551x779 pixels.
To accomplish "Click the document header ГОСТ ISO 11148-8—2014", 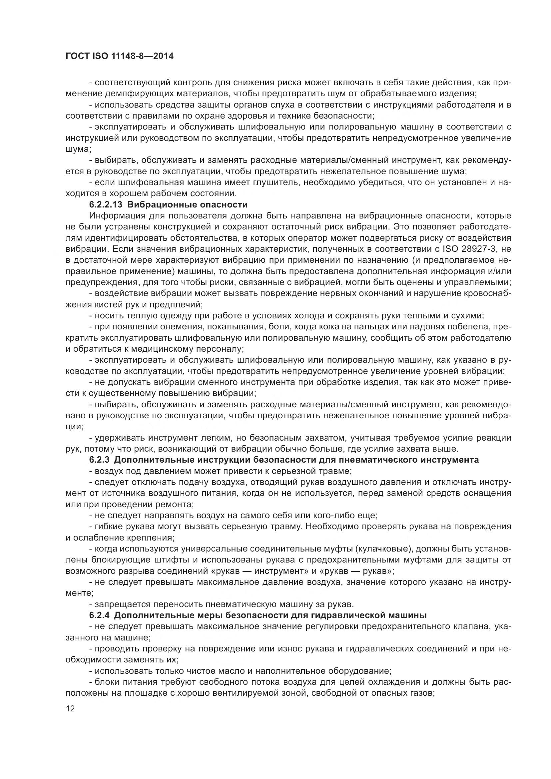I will pos(120,56).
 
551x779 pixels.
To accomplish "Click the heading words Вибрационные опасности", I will pos(187,204).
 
